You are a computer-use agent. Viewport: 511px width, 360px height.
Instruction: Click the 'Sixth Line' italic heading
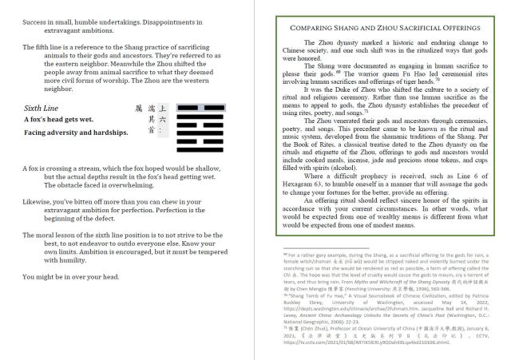[x=41, y=107]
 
